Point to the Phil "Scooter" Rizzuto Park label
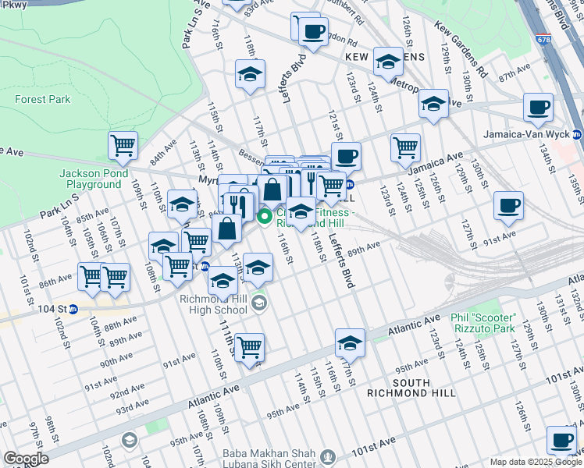point(494,323)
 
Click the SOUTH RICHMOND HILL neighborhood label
point(423,387)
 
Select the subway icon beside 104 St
point(73,309)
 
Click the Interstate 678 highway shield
point(543,37)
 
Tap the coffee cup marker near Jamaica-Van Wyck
point(538,108)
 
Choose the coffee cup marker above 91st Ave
point(508,206)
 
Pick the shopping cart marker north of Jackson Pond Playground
point(123,145)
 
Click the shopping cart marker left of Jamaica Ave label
point(405,147)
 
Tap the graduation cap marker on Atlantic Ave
point(350,342)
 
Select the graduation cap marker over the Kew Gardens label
point(388,60)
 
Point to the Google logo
point(26,459)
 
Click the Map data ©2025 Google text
point(536,462)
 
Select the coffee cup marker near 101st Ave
point(561,439)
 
